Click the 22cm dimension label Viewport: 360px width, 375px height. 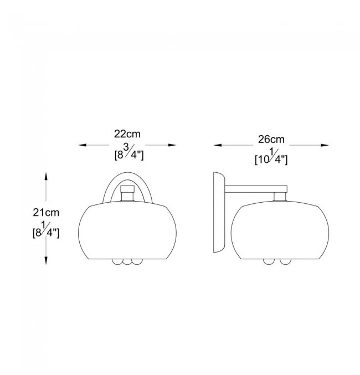[x=127, y=134]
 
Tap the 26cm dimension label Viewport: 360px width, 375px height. [x=271, y=140]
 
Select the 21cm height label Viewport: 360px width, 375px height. [x=46, y=213]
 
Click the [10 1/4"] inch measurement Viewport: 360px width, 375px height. [x=271, y=157]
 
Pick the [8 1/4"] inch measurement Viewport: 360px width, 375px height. [x=46, y=230]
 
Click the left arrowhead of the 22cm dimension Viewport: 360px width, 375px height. [x=83, y=145]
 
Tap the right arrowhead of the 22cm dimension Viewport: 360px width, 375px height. [x=172, y=145]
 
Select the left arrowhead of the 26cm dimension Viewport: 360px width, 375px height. [x=218, y=145]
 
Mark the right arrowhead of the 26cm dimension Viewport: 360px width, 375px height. [x=325, y=145]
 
